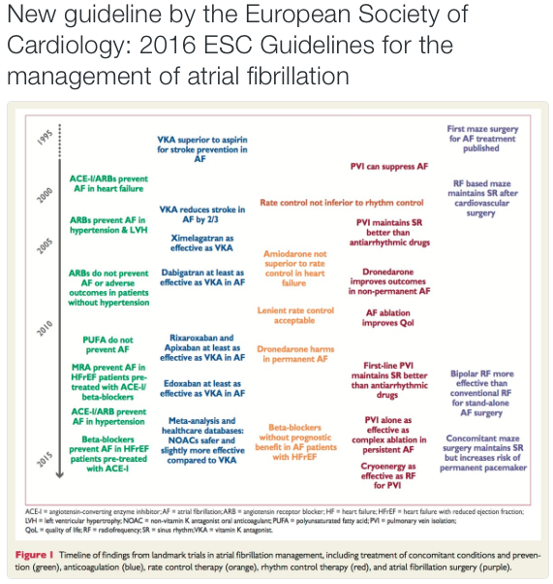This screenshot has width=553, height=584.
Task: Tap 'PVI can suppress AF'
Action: coord(388,167)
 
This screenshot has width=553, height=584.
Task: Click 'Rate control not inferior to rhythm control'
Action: coord(342,203)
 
